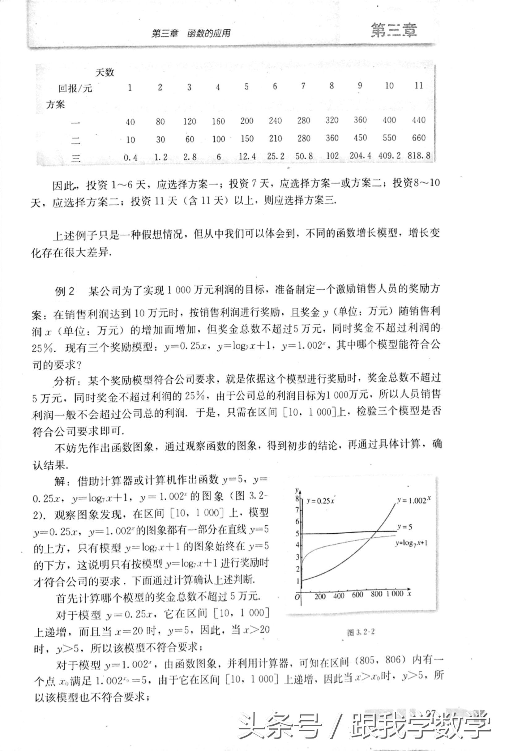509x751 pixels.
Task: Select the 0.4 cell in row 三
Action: click(x=130, y=158)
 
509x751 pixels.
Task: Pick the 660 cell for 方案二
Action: click(x=418, y=138)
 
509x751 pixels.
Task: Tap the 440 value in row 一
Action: click(x=418, y=120)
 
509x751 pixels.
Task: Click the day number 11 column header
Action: click(x=418, y=86)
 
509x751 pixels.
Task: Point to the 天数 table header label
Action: click(x=105, y=72)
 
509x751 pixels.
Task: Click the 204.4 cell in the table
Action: click(x=360, y=156)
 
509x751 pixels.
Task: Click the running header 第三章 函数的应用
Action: click(x=191, y=34)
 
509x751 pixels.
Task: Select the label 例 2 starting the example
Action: click(x=65, y=292)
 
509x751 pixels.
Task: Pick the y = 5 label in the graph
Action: click(x=404, y=527)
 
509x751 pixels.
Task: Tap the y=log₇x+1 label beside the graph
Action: click(x=411, y=543)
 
